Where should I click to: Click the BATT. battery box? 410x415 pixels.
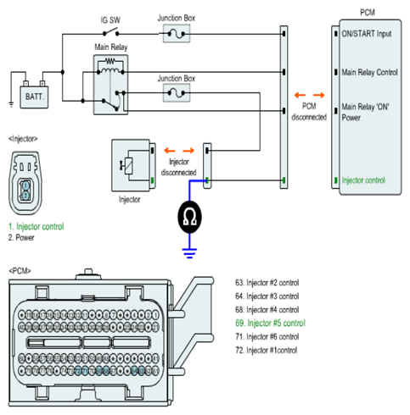point(34,97)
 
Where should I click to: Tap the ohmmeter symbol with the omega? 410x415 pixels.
point(189,217)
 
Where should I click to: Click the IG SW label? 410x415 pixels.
point(110,20)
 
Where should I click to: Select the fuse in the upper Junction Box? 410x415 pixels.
point(177,34)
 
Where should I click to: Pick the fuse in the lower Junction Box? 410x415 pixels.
point(177,93)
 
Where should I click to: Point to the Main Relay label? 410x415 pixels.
point(111,47)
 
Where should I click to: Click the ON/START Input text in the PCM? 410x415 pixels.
point(367,34)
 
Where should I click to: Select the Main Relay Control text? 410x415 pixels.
point(369,72)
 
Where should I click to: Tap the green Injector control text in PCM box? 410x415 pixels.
point(363,180)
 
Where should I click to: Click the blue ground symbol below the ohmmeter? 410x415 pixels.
point(189,253)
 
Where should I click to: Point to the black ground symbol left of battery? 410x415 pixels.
point(11,104)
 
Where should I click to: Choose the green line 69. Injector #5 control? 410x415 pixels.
point(270,323)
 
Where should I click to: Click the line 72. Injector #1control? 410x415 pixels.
point(266,350)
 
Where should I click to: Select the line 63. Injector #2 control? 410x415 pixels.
point(267,283)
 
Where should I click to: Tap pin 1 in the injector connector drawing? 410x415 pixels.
point(25,185)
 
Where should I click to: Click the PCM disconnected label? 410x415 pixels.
point(309,112)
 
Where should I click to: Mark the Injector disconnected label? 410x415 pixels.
point(178,167)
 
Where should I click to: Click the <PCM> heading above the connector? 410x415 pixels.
point(20,271)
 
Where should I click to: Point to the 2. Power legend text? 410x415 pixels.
point(21,238)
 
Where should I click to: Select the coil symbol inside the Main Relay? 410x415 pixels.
point(110,70)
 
